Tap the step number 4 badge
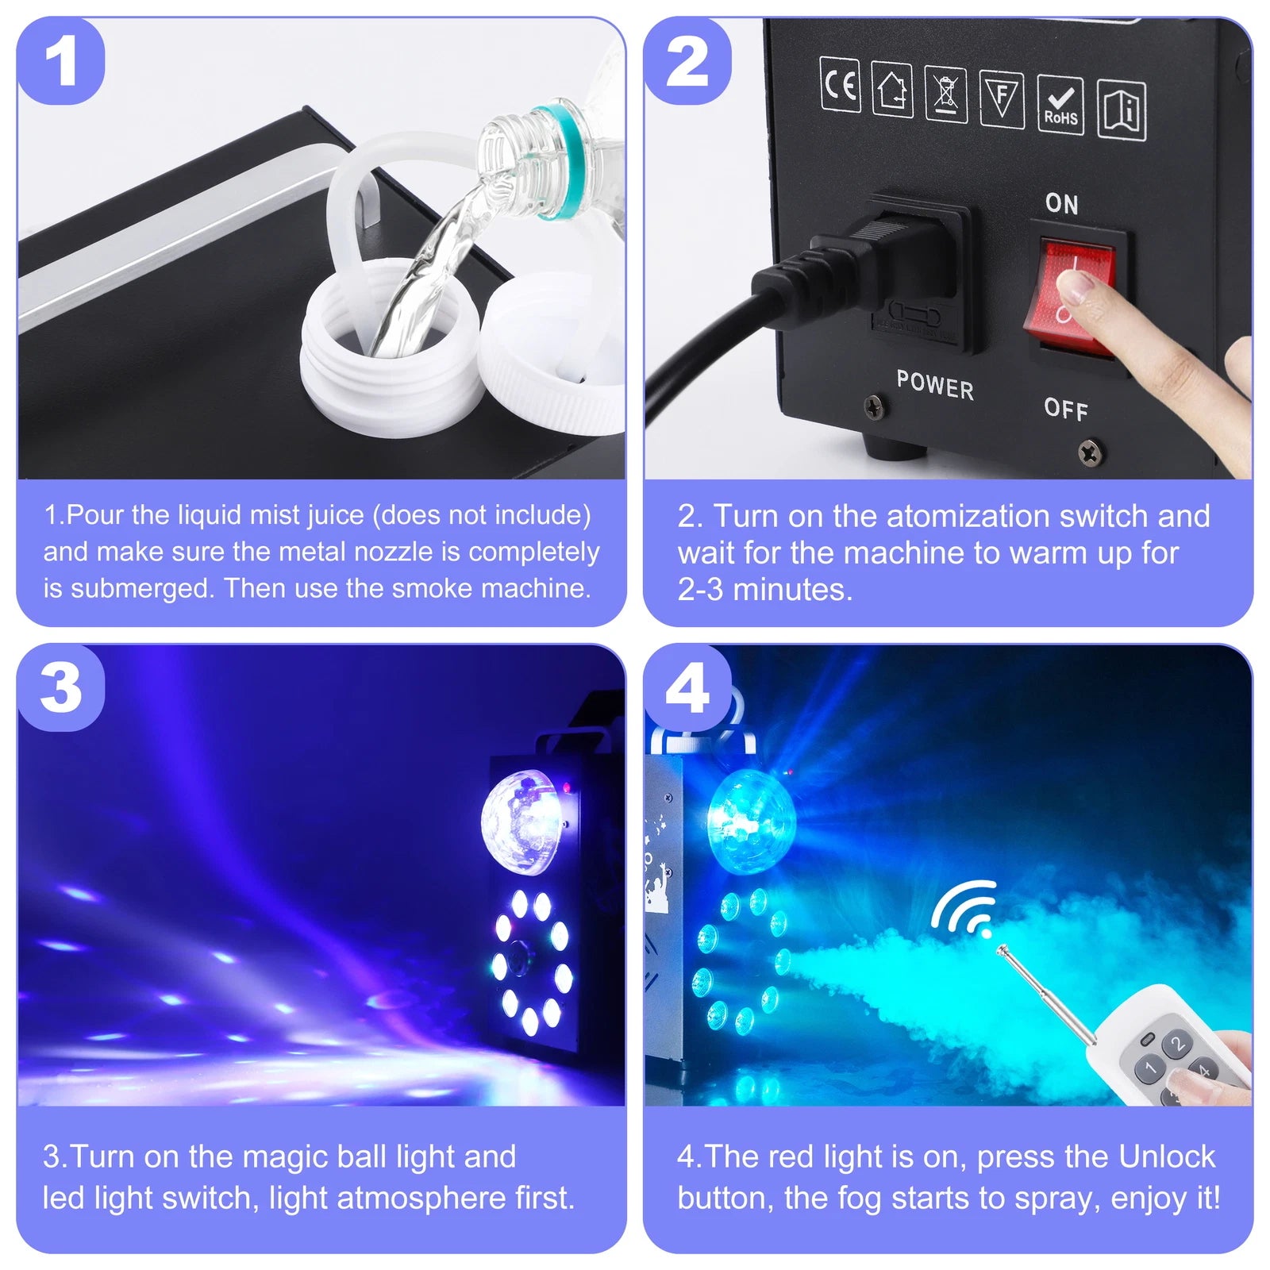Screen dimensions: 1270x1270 (x=687, y=687)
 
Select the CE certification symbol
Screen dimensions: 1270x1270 (x=840, y=84)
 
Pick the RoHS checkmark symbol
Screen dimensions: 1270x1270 (x=1060, y=106)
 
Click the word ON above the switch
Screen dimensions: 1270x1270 (x=1061, y=204)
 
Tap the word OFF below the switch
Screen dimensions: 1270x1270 (x=1065, y=409)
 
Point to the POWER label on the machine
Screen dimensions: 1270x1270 (x=934, y=385)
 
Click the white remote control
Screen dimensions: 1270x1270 (x=1167, y=1044)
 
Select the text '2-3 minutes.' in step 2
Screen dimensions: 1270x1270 (x=764, y=590)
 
